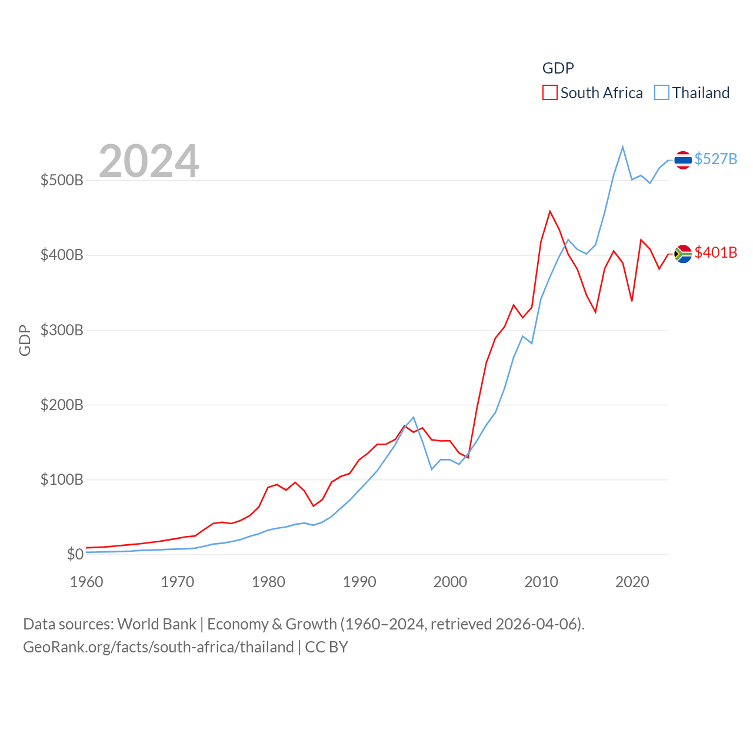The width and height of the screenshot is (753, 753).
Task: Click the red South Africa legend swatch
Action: point(549,93)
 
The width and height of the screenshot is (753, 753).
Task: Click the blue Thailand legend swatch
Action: point(662,93)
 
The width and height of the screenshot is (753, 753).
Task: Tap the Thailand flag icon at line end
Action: point(683,159)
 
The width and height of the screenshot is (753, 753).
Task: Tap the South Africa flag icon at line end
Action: point(683,254)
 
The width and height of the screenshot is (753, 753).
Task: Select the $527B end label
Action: point(715,159)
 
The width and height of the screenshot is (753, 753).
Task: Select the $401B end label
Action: point(715,252)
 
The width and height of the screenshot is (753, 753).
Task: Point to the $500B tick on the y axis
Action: point(62,180)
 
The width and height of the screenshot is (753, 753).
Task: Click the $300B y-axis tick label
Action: point(62,330)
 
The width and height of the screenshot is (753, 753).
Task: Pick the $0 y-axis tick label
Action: point(75,554)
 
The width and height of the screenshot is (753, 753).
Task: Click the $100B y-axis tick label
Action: point(62,479)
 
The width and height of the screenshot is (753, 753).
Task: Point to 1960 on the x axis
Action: point(86,582)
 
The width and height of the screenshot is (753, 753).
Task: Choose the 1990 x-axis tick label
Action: point(359,582)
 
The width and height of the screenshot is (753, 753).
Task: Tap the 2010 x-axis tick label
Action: point(541,582)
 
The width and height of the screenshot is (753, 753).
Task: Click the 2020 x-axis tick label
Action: point(632,582)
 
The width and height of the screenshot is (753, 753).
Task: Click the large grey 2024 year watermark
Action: point(149,161)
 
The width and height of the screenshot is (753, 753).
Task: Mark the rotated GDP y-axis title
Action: point(25,340)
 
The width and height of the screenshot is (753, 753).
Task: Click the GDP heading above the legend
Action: point(558,68)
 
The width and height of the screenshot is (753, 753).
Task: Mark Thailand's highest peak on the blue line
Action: point(622,147)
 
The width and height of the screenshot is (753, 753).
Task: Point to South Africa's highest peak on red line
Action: point(550,211)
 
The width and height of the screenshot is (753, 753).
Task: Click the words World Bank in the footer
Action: point(156,624)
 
